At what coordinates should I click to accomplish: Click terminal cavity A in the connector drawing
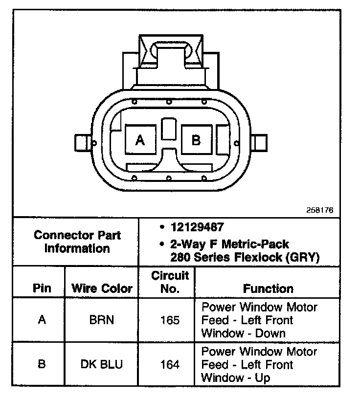pos(140,140)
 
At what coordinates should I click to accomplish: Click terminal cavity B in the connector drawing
pos(196,140)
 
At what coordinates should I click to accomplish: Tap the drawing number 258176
pos(320,210)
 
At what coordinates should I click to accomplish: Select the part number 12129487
pos(198,227)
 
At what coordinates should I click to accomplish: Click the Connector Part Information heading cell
pos(77,242)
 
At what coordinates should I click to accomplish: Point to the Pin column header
pos(42,288)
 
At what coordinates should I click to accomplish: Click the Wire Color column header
pos(102,288)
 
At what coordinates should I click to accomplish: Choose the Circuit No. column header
pos(170,282)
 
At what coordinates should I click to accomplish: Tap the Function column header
pos(268,288)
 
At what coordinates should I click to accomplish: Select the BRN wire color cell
pos(102,320)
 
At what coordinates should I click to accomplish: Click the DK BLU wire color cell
pos(102,364)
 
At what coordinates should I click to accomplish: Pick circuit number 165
pos(170,320)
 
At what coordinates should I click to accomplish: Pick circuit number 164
pos(170,364)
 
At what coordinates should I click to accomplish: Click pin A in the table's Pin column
pos(42,320)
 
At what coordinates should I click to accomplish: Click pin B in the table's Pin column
pos(42,364)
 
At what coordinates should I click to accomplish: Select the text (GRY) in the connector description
pos(302,257)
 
